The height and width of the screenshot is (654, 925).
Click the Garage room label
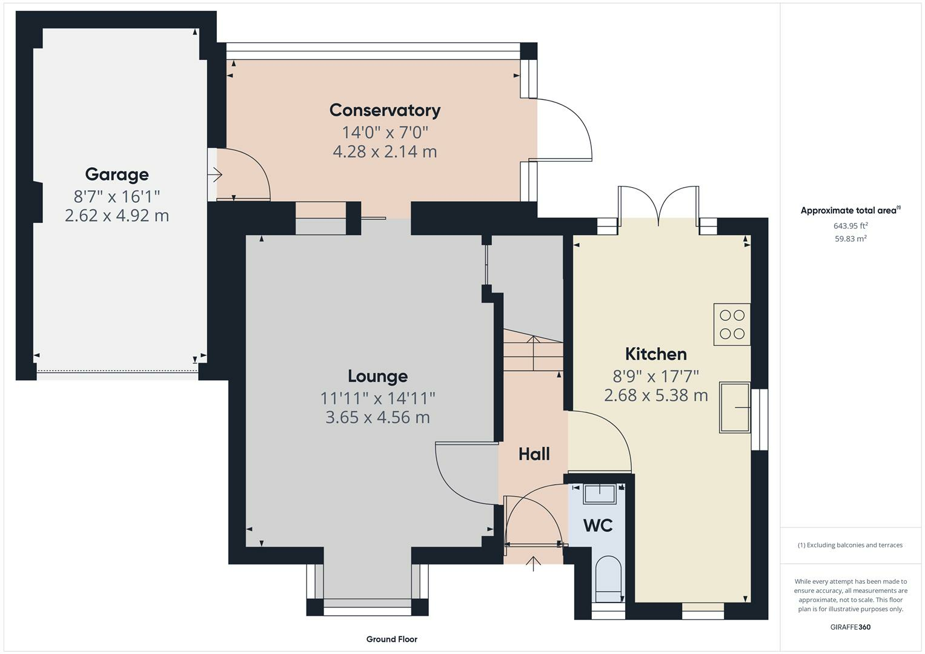click(x=117, y=174)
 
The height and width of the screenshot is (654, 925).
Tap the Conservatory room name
click(x=385, y=111)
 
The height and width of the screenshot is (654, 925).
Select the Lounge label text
click(x=378, y=377)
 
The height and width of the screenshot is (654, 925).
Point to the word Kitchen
click(x=656, y=354)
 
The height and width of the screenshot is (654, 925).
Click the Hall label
click(x=534, y=454)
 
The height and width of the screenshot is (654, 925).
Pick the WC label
click(x=597, y=526)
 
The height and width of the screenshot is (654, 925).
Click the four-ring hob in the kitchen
click(x=732, y=324)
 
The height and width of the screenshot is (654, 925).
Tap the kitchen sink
click(x=735, y=408)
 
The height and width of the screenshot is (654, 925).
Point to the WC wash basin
click(x=600, y=494)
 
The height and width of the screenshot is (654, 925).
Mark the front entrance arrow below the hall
click(x=534, y=564)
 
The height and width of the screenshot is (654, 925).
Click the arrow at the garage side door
click(x=214, y=174)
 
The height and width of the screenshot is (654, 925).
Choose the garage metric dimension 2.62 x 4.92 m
click(x=117, y=216)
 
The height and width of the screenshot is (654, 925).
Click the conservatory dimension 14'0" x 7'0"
click(x=385, y=133)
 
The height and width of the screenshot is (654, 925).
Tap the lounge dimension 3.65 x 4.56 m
click(x=378, y=417)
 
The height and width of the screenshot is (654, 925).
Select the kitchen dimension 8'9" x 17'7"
click(x=656, y=376)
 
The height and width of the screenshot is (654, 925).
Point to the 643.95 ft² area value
click(x=850, y=226)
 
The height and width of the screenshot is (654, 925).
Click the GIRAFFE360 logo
click(x=850, y=627)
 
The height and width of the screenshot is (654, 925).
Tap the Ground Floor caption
click(x=392, y=639)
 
